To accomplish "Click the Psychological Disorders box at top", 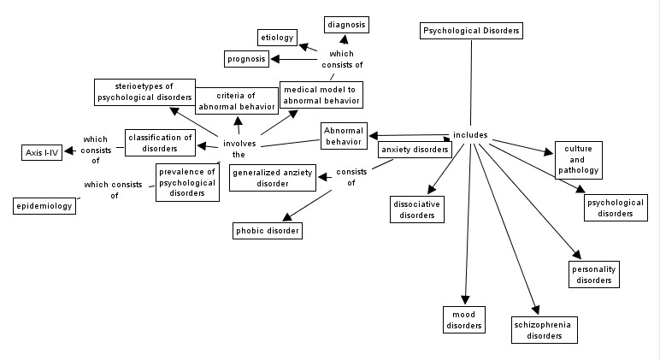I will [471, 31].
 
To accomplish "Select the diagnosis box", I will [346, 25].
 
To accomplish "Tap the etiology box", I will [277, 38].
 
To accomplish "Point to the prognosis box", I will [246, 59].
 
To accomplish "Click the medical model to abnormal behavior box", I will [321, 95].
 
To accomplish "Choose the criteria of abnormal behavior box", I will [238, 100].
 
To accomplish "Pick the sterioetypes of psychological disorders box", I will [144, 91].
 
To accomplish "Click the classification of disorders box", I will [160, 143].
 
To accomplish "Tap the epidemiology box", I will [44, 206].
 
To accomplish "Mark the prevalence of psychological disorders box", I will [187, 182].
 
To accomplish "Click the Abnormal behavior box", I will [344, 135].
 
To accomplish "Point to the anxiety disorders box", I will [415, 150].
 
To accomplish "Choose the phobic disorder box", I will [268, 230].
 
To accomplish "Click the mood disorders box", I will [464, 320].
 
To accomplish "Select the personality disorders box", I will [593, 274].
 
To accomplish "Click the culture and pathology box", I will [578, 160].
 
